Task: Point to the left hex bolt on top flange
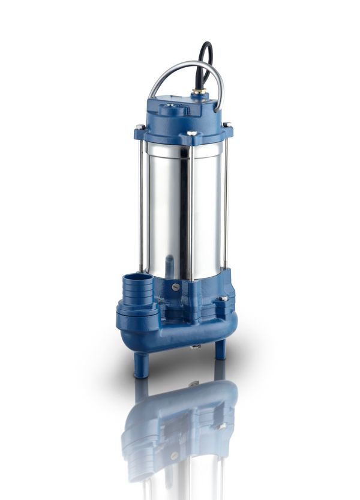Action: (140, 127)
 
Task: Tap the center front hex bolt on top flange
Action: (191, 133)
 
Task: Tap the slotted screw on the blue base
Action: (176, 287)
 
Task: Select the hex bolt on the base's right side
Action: (223, 298)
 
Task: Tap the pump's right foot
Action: (220, 349)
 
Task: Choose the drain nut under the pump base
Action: (194, 346)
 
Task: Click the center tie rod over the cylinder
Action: (190, 204)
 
